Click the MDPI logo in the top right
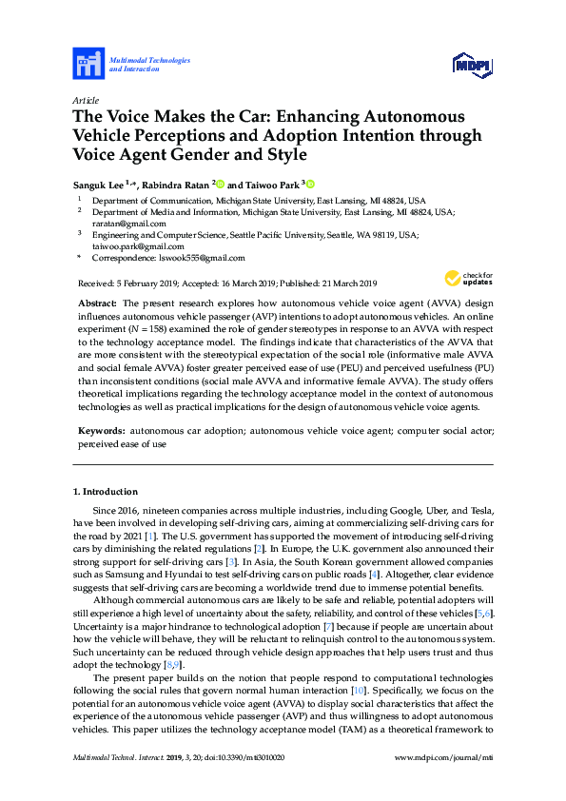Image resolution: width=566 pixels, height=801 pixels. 471,65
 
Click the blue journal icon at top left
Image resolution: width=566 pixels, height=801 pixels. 88,65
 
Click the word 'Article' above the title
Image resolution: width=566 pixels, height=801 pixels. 86,100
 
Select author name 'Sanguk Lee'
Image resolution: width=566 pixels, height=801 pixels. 99,184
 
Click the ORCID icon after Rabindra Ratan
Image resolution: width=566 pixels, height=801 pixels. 220,184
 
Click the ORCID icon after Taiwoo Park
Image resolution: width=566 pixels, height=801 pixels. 309,184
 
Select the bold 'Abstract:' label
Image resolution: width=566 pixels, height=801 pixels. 96,301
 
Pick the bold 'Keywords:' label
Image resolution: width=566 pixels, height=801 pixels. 101,431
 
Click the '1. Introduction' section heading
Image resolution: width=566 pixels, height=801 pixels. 106,492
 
